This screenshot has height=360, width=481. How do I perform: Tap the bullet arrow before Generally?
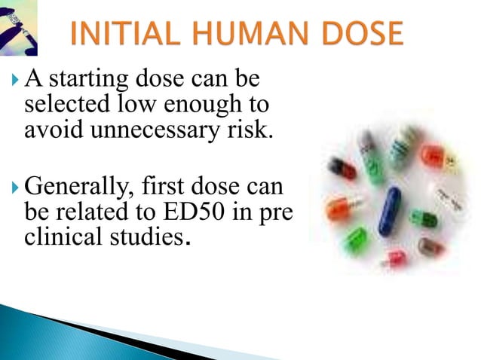pos(17,185)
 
